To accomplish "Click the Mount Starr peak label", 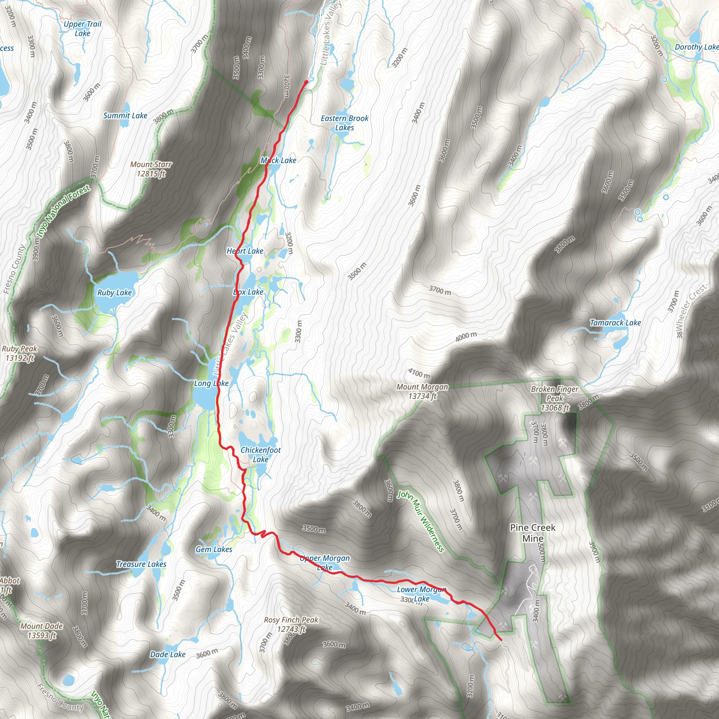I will click(x=151, y=169).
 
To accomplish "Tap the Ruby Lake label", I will click(x=114, y=292).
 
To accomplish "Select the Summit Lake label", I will click(x=125, y=116).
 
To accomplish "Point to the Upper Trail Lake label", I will click(x=82, y=29).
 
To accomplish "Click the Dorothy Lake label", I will click(x=696, y=47).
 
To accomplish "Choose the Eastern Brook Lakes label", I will click(x=345, y=123).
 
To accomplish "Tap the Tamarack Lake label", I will click(x=615, y=323).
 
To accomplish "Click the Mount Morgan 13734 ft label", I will click(x=422, y=391).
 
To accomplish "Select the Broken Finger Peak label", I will click(x=554, y=398).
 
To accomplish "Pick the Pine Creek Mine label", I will click(x=533, y=533).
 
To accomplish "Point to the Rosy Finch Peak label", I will click(x=291, y=624).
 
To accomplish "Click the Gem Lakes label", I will click(x=214, y=549).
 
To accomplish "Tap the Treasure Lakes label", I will click(x=141, y=564).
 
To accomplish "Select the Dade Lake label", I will click(x=168, y=654).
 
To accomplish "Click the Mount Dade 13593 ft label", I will click(x=42, y=631).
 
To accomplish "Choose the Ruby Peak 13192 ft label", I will click(x=20, y=353).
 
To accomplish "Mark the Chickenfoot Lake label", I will click(x=260, y=454).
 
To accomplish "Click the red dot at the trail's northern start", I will click(x=306, y=82).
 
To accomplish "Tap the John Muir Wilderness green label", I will click(x=421, y=521).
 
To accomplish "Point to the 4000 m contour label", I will click(x=466, y=336).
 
